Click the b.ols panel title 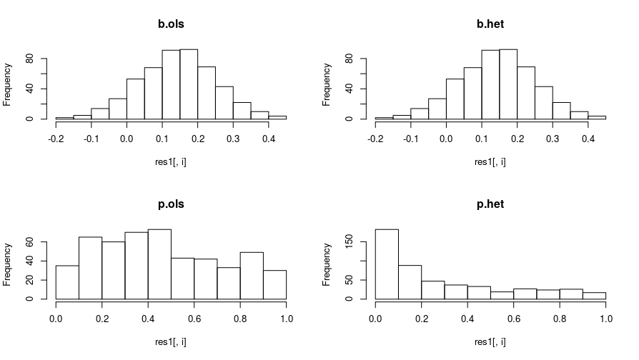coord(171,24)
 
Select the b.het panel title coord(490,24)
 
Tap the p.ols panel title coord(171,204)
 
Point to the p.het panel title coord(490,204)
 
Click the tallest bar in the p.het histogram coord(387,264)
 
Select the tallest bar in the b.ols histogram coord(189,84)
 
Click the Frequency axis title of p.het coord(327,264)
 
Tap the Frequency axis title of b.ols coord(7,84)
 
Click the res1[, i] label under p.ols coord(171,341)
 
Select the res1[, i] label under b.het coord(490,161)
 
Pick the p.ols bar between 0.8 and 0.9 coord(252,276)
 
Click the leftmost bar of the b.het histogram coord(384,118)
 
